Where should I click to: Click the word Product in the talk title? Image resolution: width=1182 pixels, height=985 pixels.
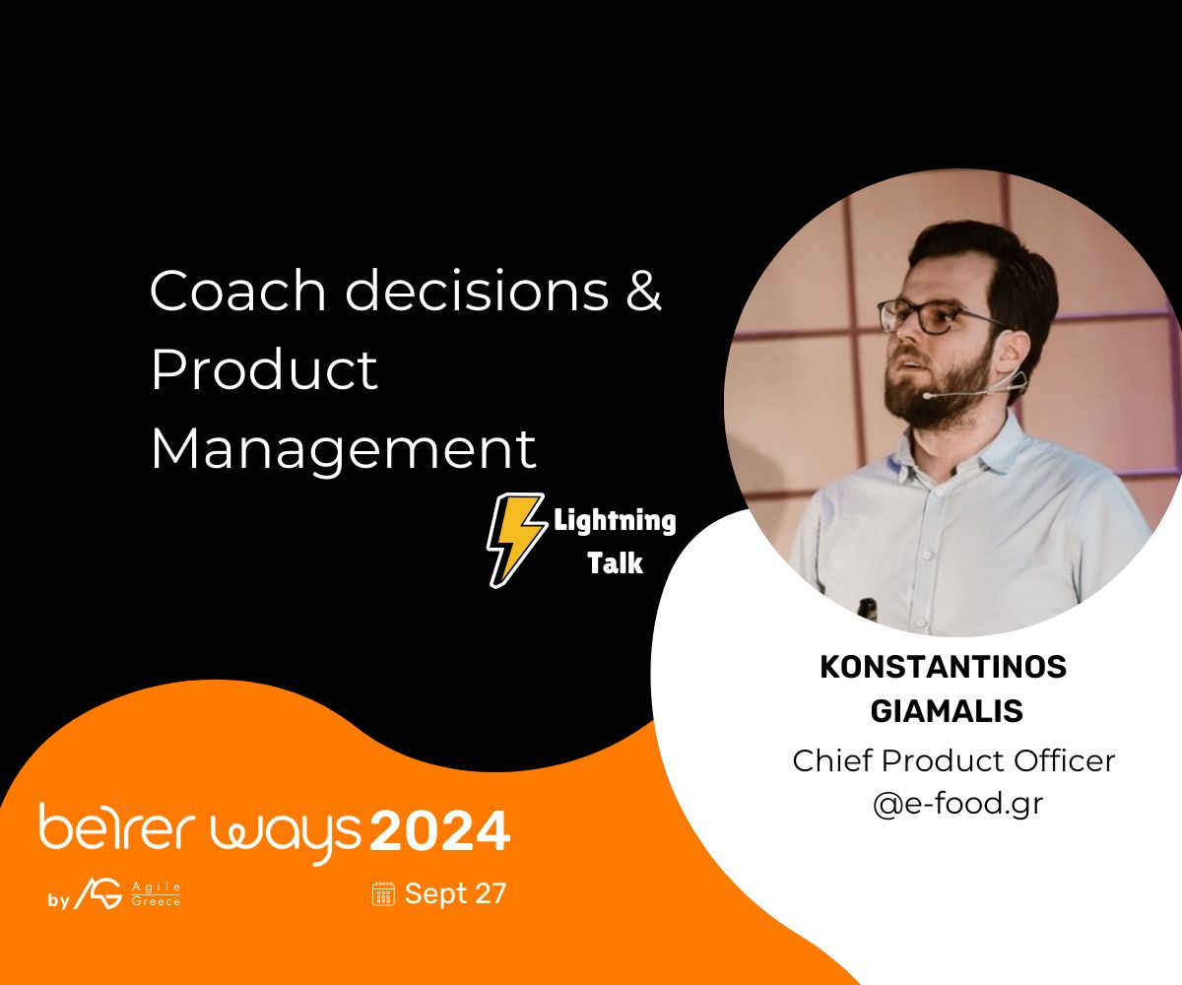click(264, 370)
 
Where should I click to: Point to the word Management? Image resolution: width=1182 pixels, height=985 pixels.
click(343, 449)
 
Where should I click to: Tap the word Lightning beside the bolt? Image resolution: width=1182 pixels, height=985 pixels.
click(615, 520)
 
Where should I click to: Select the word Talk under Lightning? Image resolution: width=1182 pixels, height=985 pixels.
click(615, 563)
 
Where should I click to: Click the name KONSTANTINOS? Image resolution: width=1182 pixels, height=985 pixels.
click(943, 667)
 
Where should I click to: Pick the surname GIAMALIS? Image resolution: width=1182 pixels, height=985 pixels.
click(943, 710)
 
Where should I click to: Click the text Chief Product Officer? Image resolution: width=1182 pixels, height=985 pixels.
click(953, 760)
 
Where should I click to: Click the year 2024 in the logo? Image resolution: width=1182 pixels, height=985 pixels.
click(439, 831)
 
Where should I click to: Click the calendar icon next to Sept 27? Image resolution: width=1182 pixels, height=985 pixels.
click(383, 893)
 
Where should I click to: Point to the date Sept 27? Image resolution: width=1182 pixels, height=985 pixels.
click(455, 893)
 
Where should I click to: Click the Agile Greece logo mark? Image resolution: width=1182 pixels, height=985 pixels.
click(98, 893)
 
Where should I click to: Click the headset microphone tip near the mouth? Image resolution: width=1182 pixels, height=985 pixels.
click(927, 395)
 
